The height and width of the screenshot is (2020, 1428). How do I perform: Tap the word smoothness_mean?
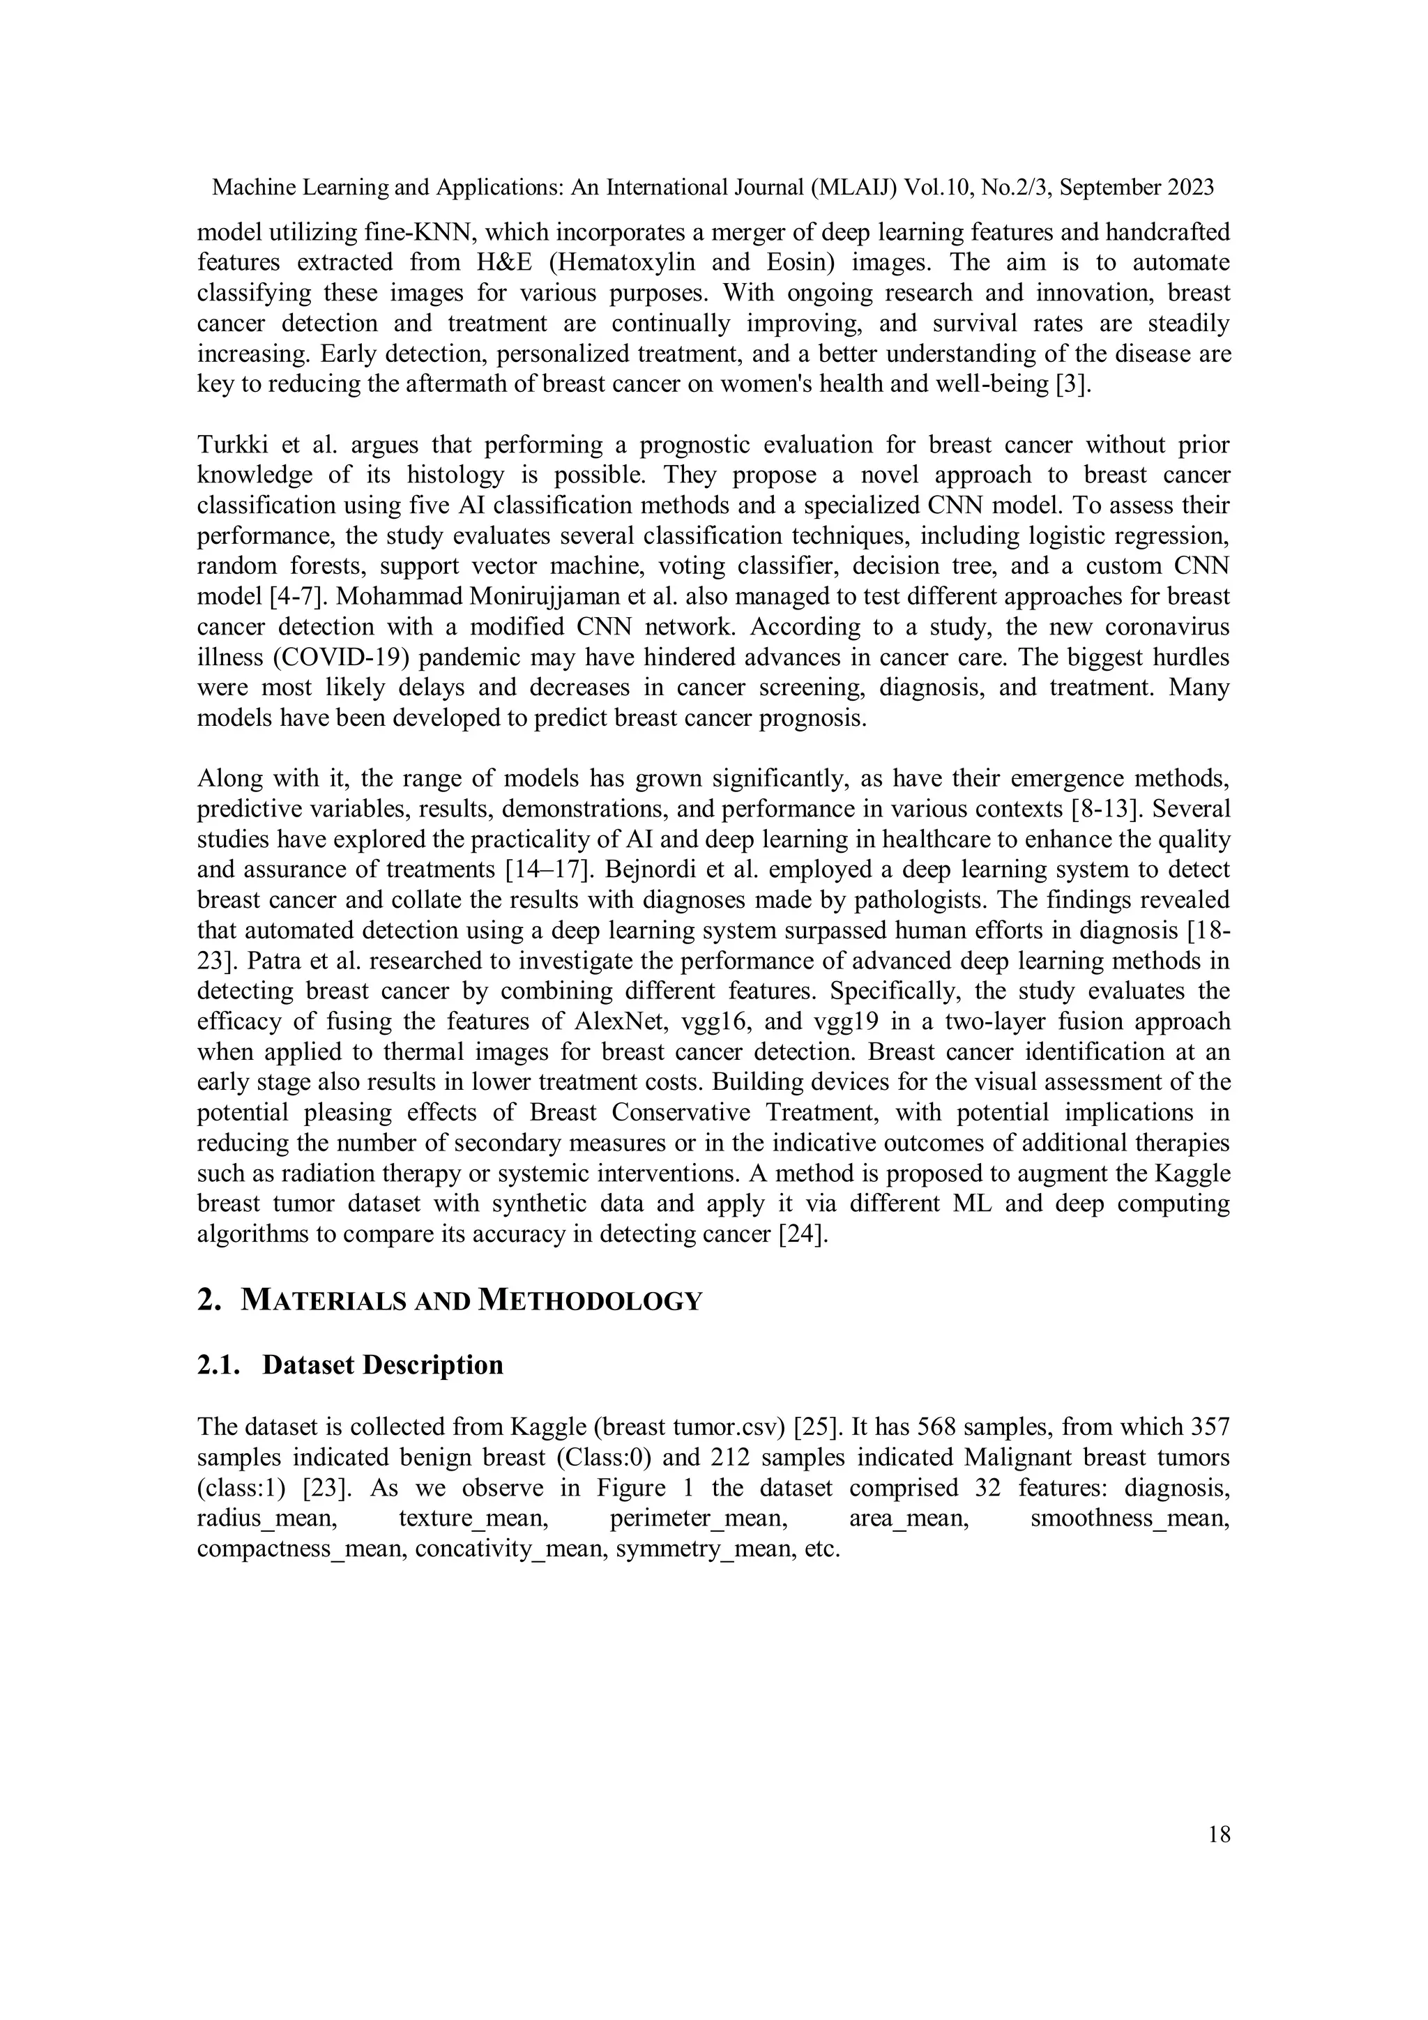pos(1130,1518)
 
